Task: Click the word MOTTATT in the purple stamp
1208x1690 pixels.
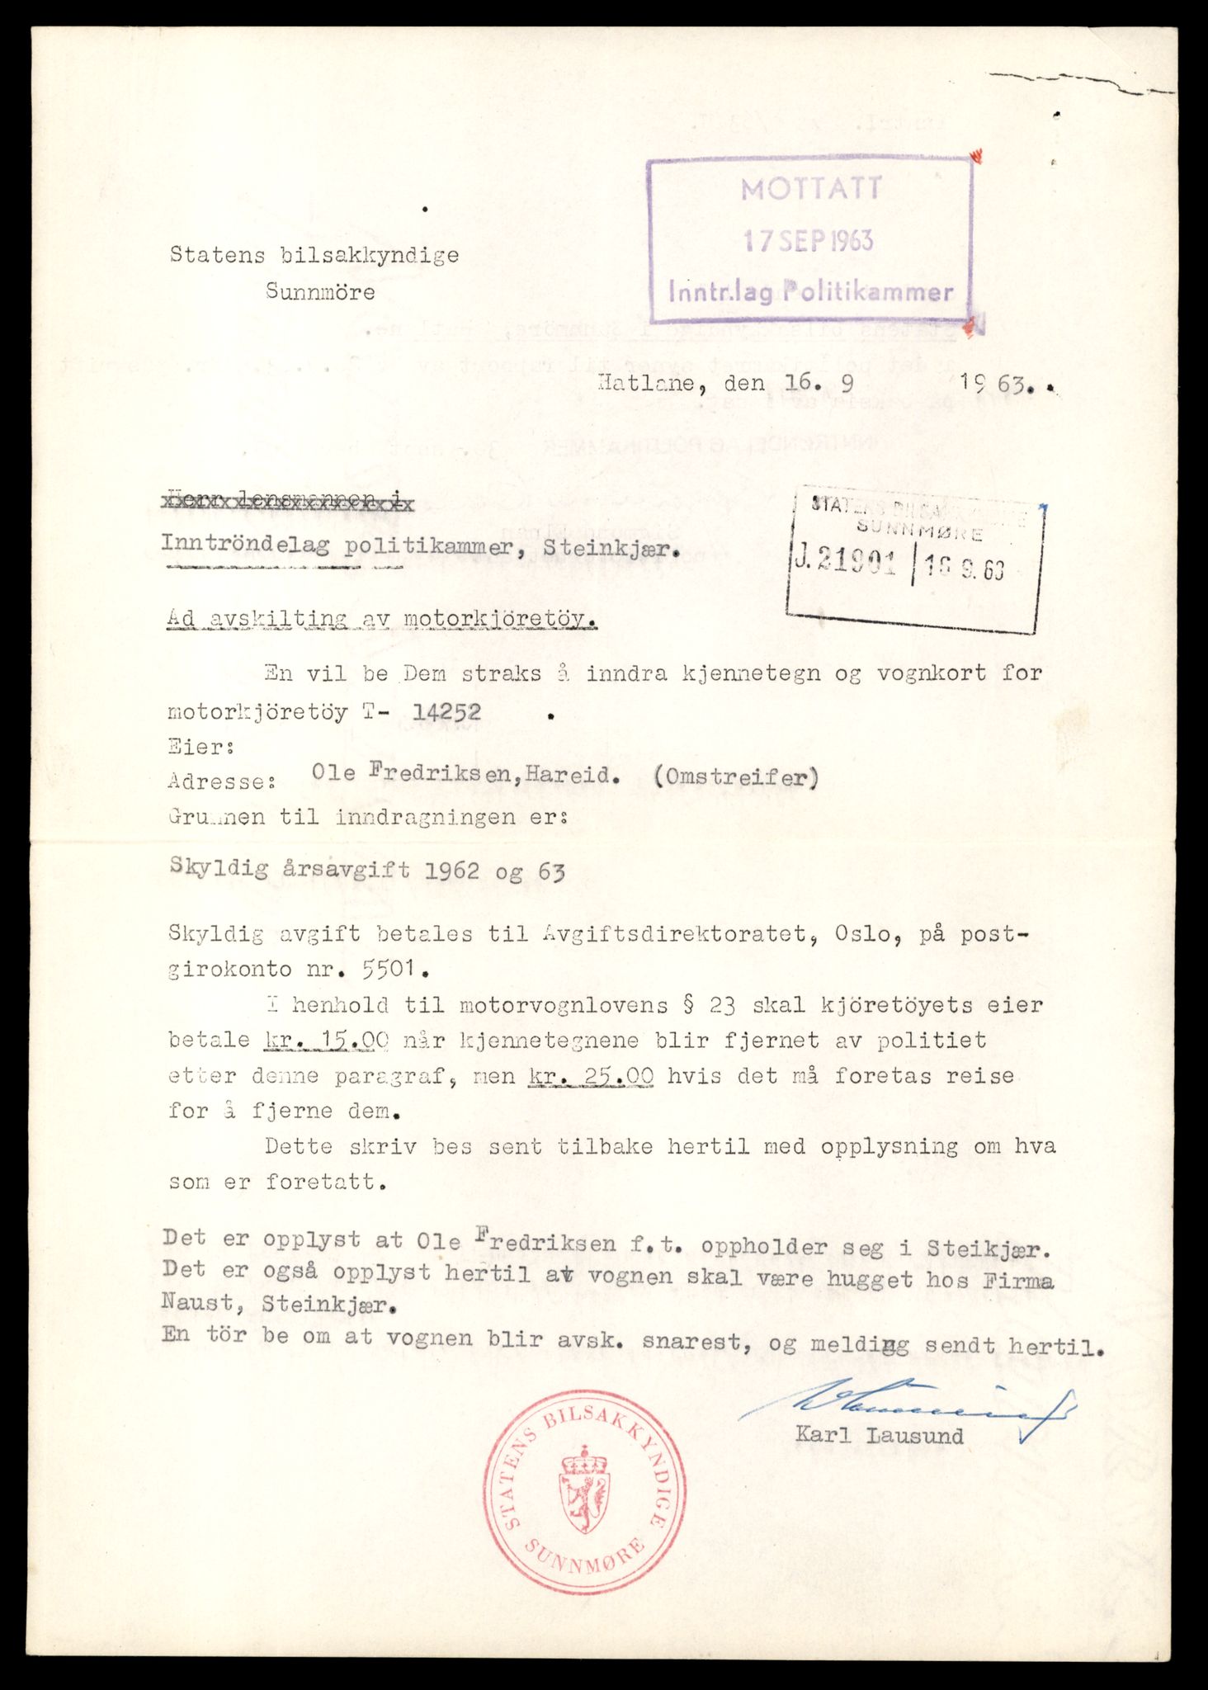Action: [811, 190]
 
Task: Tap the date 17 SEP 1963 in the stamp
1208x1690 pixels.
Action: [808, 240]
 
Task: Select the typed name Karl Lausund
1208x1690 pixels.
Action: [879, 1435]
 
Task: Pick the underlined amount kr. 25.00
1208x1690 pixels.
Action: [590, 1076]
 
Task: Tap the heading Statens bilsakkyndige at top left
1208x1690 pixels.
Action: [314, 255]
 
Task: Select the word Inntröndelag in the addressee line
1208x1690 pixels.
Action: [245, 544]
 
